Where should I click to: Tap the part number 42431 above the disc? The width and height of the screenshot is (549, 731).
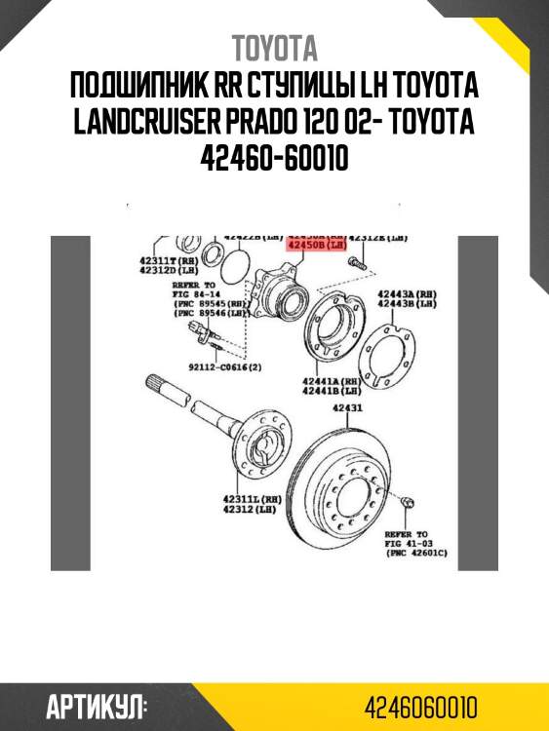pos(347,408)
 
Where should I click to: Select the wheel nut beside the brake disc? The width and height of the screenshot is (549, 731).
pos(408,501)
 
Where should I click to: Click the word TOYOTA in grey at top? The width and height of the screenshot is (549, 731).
pos(274,48)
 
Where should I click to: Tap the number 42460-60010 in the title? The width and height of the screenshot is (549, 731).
pos(274,157)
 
